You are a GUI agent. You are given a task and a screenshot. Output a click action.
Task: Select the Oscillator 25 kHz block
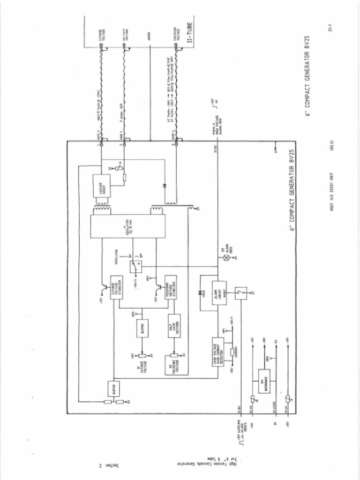pos(127,226)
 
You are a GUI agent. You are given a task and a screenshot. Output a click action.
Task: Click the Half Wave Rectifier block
pos(174,326)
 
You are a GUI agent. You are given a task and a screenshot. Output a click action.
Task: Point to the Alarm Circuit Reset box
pos(219,292)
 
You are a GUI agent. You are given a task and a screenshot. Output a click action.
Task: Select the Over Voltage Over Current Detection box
pos(218,351)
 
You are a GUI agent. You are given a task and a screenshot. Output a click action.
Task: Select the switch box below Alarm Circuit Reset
pos(240,293)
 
